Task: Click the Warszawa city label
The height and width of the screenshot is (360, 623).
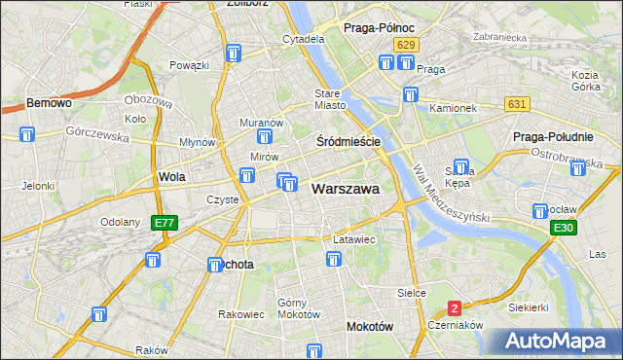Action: pyautogui.click(x=345, y=189)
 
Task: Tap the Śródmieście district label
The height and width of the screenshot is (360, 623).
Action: pyautogui.click(x=348, y=141)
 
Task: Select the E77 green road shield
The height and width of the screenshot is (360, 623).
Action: pyautogui.click(x=165, y=223)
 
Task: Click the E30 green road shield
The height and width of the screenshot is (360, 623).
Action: pyautogui.click(x=562, y=228)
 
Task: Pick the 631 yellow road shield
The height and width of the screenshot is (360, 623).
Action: pyautogui.click(x=516, y=104)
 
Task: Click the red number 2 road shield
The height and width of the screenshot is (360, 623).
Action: pyautogui.click(x=454, y=308)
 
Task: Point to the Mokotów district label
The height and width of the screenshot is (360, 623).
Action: pyautogui.click(x=370, y=327)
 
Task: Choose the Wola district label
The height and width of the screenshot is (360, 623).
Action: pyautogui.click(x=171, y=178)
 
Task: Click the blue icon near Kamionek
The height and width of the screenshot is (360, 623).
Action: pyautogui.click(x=411, y=95)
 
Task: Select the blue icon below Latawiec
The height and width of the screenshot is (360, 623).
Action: pyautogui.click(x=334, y=259)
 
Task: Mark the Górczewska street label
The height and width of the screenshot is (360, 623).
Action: pyautogui.click(x=97, y=134)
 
